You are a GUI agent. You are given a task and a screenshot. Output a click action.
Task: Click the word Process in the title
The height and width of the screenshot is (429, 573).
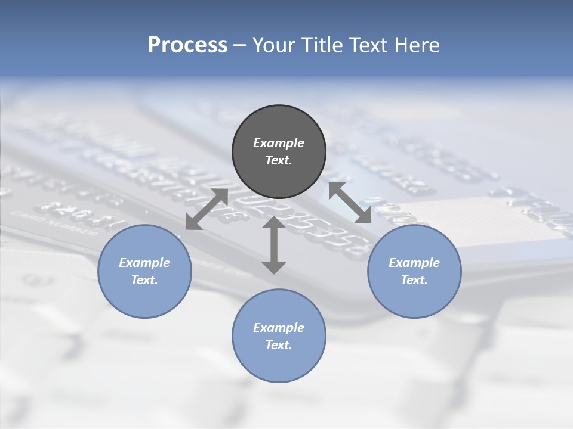pos(187,45)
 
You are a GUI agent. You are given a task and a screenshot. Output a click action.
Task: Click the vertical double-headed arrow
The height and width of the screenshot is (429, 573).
pos(274,245)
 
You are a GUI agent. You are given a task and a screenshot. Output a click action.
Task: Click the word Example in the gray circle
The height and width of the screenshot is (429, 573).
pos(279,143)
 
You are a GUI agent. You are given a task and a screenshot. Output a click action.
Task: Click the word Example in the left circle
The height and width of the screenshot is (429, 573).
pos(144,263)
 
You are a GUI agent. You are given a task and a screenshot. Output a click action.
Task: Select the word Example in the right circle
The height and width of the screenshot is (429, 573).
pos(414,263)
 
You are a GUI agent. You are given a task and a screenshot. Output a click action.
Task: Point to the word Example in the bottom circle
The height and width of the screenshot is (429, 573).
pos(279,328)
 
